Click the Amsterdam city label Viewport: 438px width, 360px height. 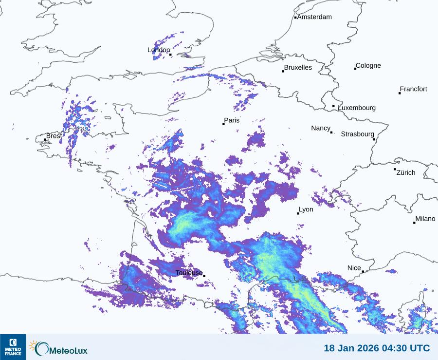(x=314, y=17)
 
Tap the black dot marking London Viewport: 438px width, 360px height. (x=170, y=55)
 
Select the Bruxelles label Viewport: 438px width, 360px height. (x=298, y=68)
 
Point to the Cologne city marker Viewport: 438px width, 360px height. (x=355, y=69)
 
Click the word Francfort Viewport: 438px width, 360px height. (x=413, y=89)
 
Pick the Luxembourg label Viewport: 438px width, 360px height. (x=357, y=108)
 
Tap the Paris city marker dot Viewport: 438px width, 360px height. (x=223, y=124)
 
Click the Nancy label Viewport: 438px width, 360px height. (x=321, y=128)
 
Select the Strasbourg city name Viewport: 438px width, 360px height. (x=357, y=134)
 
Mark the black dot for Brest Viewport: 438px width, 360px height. (x=45, y=140)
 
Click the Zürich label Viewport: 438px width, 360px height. (x=406, y=172)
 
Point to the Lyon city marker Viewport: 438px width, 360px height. (x=298, y=213)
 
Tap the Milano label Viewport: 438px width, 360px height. (x=425, y=219)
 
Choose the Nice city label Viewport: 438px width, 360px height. (x=354, y=268)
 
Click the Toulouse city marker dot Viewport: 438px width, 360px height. (x=204, y=276)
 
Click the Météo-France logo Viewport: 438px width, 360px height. (x=13, y=347)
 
